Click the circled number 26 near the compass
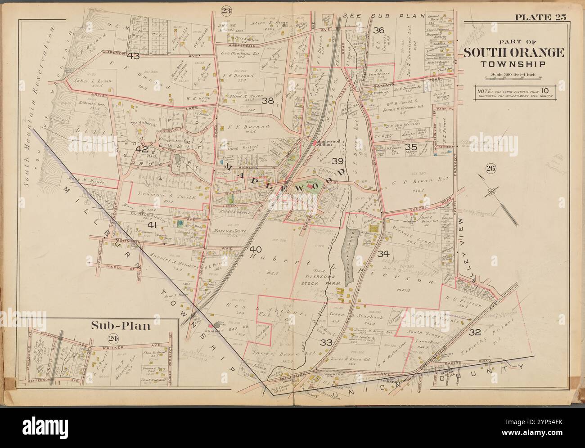(x=490, y=169)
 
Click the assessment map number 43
(x=133, y=56)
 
